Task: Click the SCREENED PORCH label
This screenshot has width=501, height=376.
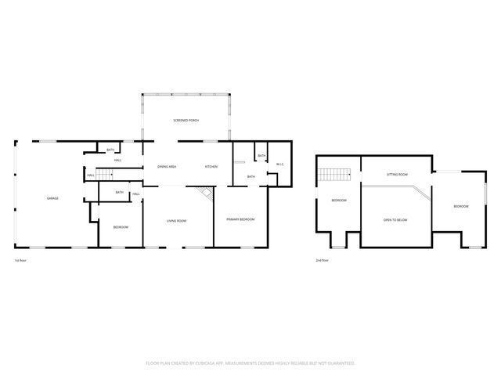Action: point(186,120)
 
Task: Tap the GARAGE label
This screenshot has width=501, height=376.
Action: point(52,198)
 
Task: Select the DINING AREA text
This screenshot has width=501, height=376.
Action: point(166,167)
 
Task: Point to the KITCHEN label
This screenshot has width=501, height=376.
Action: point(211,167)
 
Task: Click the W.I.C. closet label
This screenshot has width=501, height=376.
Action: point(279,164)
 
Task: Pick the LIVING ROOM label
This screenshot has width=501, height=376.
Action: point(176,221)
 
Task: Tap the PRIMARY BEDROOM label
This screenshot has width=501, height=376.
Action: point(240,219)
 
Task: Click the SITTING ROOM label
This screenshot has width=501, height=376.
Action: point(397,175)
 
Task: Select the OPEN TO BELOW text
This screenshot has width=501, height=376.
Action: point(395,220)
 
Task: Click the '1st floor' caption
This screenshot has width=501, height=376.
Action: point(20,260)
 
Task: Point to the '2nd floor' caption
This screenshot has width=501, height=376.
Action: point(322,260)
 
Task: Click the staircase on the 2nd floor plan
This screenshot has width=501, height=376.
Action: point(337,174)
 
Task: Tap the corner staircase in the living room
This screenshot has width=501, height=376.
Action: point(205,193)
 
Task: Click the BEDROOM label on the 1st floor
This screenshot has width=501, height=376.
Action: point(121,227)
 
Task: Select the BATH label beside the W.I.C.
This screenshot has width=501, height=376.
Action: point(261,157)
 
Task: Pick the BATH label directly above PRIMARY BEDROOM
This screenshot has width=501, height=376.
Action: point(250,177)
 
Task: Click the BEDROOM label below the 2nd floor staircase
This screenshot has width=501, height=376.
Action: point(339,201)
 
